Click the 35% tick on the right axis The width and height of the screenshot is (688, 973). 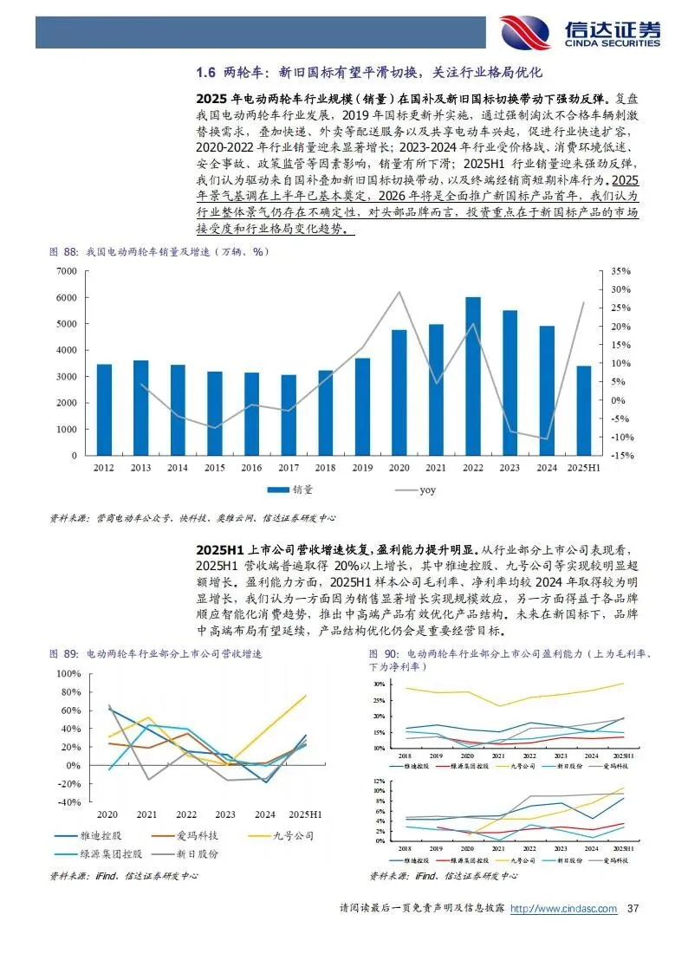[621, 271]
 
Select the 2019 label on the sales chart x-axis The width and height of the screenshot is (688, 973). [362, 468]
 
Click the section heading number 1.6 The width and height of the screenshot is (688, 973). [206, 71]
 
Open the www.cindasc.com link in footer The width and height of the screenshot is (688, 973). [563, 909]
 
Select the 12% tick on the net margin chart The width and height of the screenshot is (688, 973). [379, 782]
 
